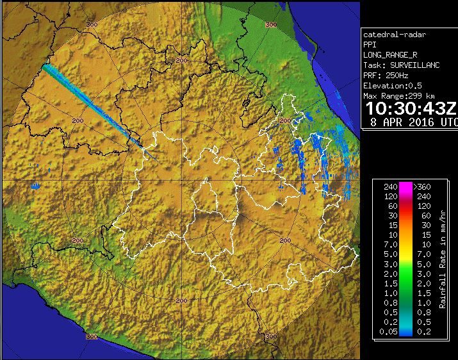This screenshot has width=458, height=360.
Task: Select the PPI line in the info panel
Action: click(x=370, y=44)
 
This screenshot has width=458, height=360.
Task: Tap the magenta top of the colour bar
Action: click(x=405, y=186)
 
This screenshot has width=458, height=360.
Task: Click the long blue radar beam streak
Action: click(x=90, y=102)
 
